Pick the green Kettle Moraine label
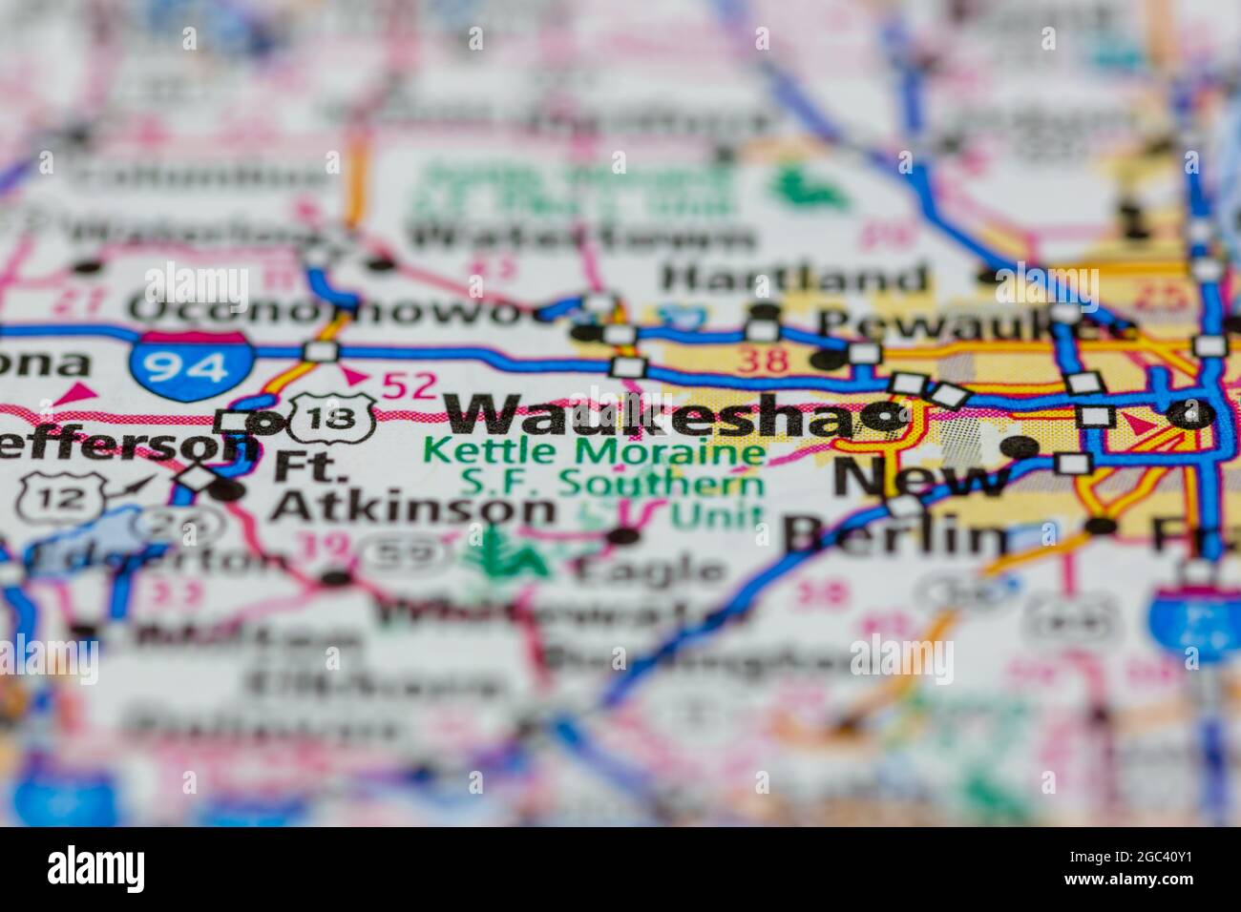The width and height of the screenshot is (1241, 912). (594, 450)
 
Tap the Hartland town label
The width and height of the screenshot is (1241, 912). (795, 279)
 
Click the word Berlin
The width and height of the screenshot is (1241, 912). (894, 536)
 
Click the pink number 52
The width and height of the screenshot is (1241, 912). (409, 385)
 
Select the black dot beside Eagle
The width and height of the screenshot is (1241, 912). (624, 536)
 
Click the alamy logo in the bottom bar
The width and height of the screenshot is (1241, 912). (96, 869)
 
